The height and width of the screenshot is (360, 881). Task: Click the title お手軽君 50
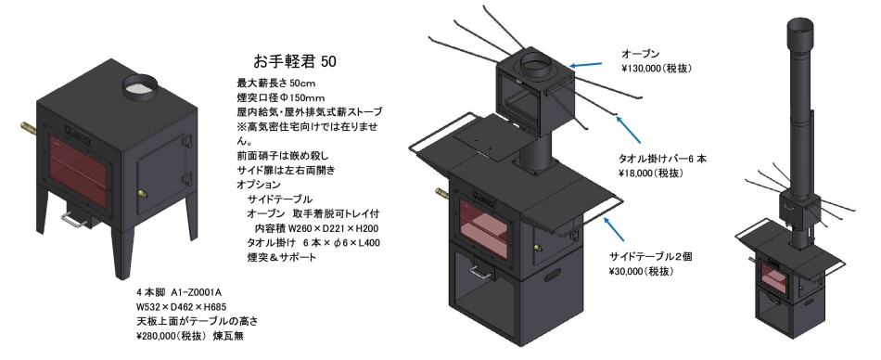coord(294,60)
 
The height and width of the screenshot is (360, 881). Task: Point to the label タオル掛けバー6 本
coord(662,159)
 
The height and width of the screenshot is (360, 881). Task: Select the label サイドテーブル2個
coord(651,256)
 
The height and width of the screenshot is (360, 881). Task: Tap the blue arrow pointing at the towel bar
coord(628,129)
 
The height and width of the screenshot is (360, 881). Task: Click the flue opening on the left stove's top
coord(140,85)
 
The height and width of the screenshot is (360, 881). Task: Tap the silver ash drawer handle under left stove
coord(76,220)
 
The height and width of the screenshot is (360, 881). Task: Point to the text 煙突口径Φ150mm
coord(281,97)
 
